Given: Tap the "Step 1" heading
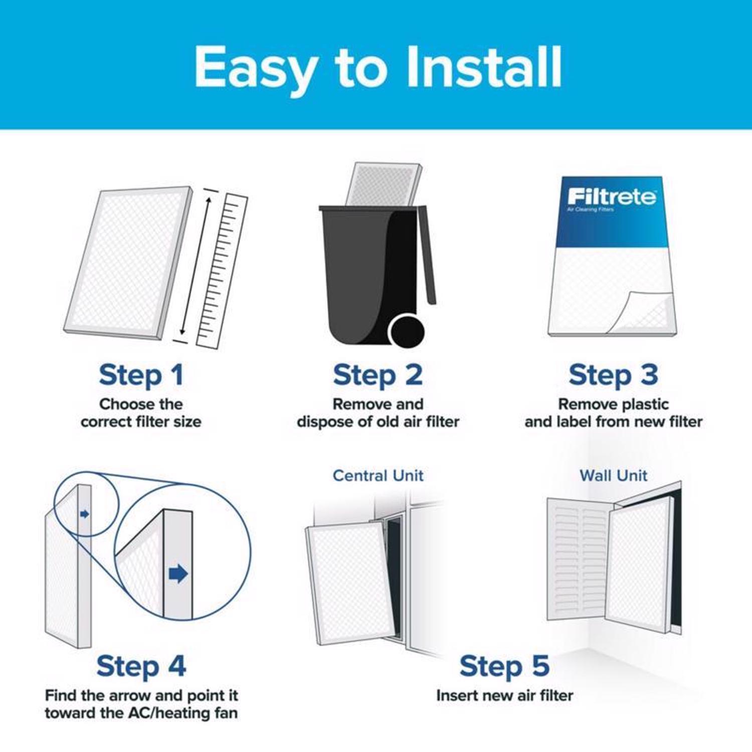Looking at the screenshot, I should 141,375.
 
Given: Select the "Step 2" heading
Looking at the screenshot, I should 378,375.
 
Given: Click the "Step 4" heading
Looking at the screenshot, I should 141,666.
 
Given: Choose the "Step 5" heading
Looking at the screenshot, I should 504,666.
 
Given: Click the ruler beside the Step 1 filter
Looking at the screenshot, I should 222,271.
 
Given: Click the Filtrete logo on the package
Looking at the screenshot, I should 612,197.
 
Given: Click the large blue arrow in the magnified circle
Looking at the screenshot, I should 178,574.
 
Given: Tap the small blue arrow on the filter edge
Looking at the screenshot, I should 84,514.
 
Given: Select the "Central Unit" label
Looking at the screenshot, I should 378,475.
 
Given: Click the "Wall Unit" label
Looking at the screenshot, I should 613,475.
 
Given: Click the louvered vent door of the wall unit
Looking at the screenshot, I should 577,556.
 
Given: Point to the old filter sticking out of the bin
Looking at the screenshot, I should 384,183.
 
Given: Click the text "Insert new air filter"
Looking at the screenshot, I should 504,695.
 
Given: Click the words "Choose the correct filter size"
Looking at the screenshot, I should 141,413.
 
